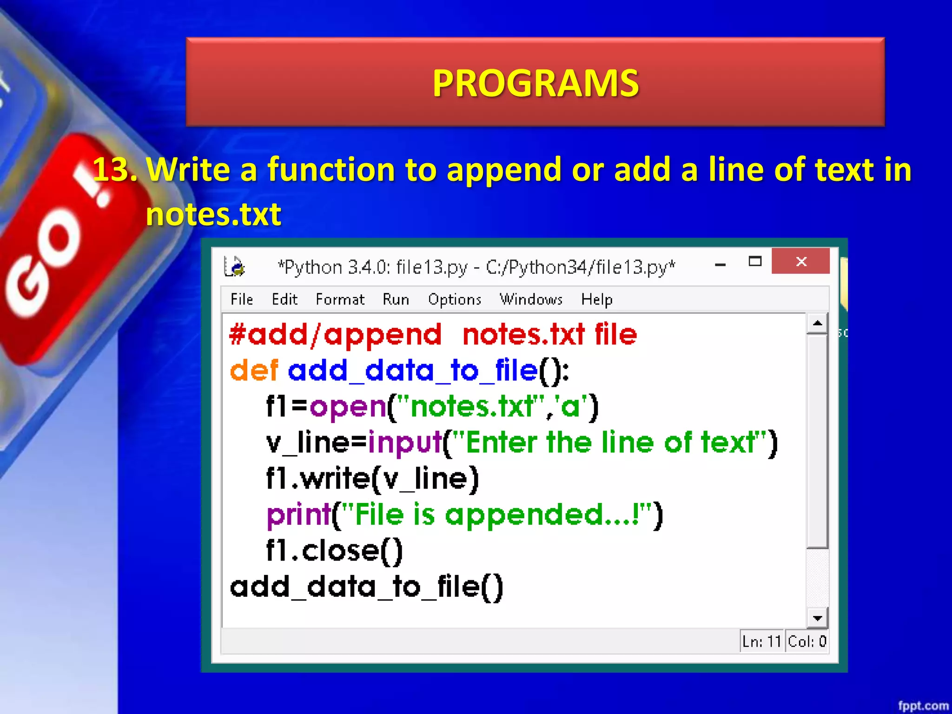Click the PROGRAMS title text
coord(535,83)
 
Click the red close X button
coord(800,262)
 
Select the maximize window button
coord(755,262)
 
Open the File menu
coord(242,299)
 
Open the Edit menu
coord(284,299)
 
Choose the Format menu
coord(340,299)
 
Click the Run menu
coord(396,299)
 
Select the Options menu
coord(455,299)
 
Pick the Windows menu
coord(531,299)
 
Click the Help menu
coord(596,299)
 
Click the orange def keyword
coord(254,371)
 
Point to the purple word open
coord(348,407)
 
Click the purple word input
coord(404,443)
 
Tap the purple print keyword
coord(298,515)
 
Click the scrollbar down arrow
coord(817,618)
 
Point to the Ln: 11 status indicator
coord(761,641)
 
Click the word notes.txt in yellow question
coord(213,214)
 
